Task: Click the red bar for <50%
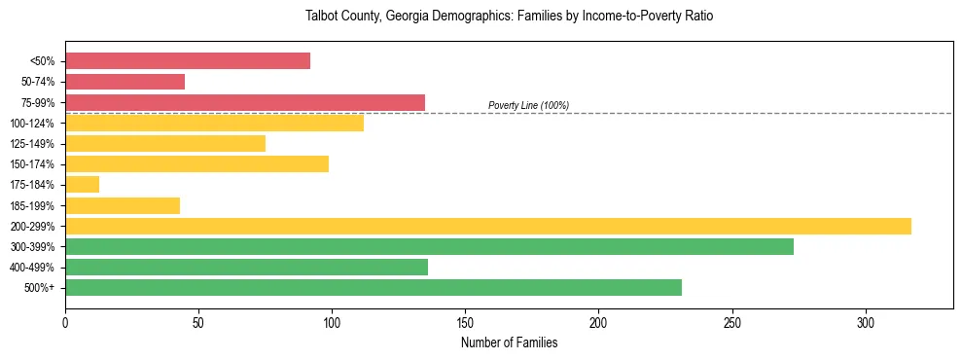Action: [188, 61]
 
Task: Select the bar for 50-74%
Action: [125, 82]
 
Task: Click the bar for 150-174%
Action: [196, 163]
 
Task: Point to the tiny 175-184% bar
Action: [83, 185]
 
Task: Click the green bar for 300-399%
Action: [429, 246]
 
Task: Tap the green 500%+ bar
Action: [374, 287]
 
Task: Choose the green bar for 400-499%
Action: [246, 267]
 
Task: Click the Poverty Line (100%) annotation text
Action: [528, 105]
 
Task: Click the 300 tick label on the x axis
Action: [866, 321]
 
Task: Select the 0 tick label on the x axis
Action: [65, 321]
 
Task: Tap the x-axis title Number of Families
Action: [509, 342]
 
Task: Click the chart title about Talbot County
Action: [509, 17]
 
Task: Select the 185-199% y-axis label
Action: [33, 205]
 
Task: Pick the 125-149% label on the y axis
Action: [33, 144]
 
